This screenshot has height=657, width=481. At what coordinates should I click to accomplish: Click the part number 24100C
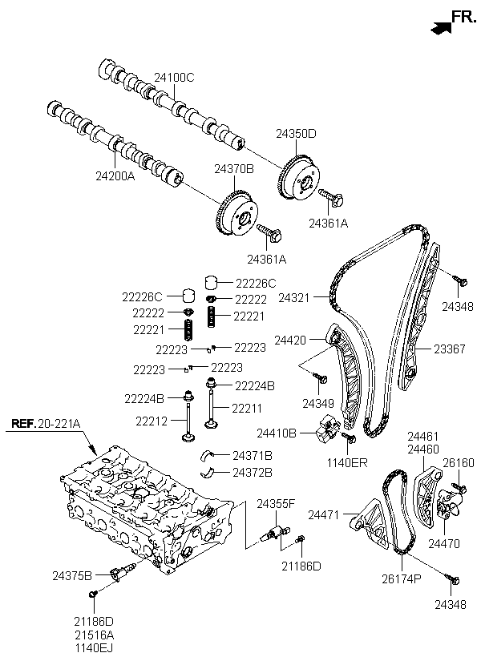click(x=176, y=78)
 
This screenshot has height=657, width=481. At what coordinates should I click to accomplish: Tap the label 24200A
click(x=115, y=175)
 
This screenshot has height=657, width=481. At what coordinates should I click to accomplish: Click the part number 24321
click(x=293, y=298)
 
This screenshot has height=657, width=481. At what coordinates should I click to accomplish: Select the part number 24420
click(x=291, y=341)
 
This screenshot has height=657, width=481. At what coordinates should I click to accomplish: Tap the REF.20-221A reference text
click(x=47, y=424)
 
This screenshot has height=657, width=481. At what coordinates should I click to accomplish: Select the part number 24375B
click(x=72, y=574)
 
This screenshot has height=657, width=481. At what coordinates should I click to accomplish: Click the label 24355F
click(x=277, y=503)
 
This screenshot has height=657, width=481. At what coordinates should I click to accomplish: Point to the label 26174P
click(x=401, y=578)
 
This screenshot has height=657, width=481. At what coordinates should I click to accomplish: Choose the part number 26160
click(x=459, y=463)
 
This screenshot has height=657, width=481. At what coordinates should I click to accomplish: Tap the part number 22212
click(x=151, y=420)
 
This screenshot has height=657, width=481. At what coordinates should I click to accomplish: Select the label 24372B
click(x=253, y=472)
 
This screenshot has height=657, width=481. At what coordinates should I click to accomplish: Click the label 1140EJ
click(x=95, y=645)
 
